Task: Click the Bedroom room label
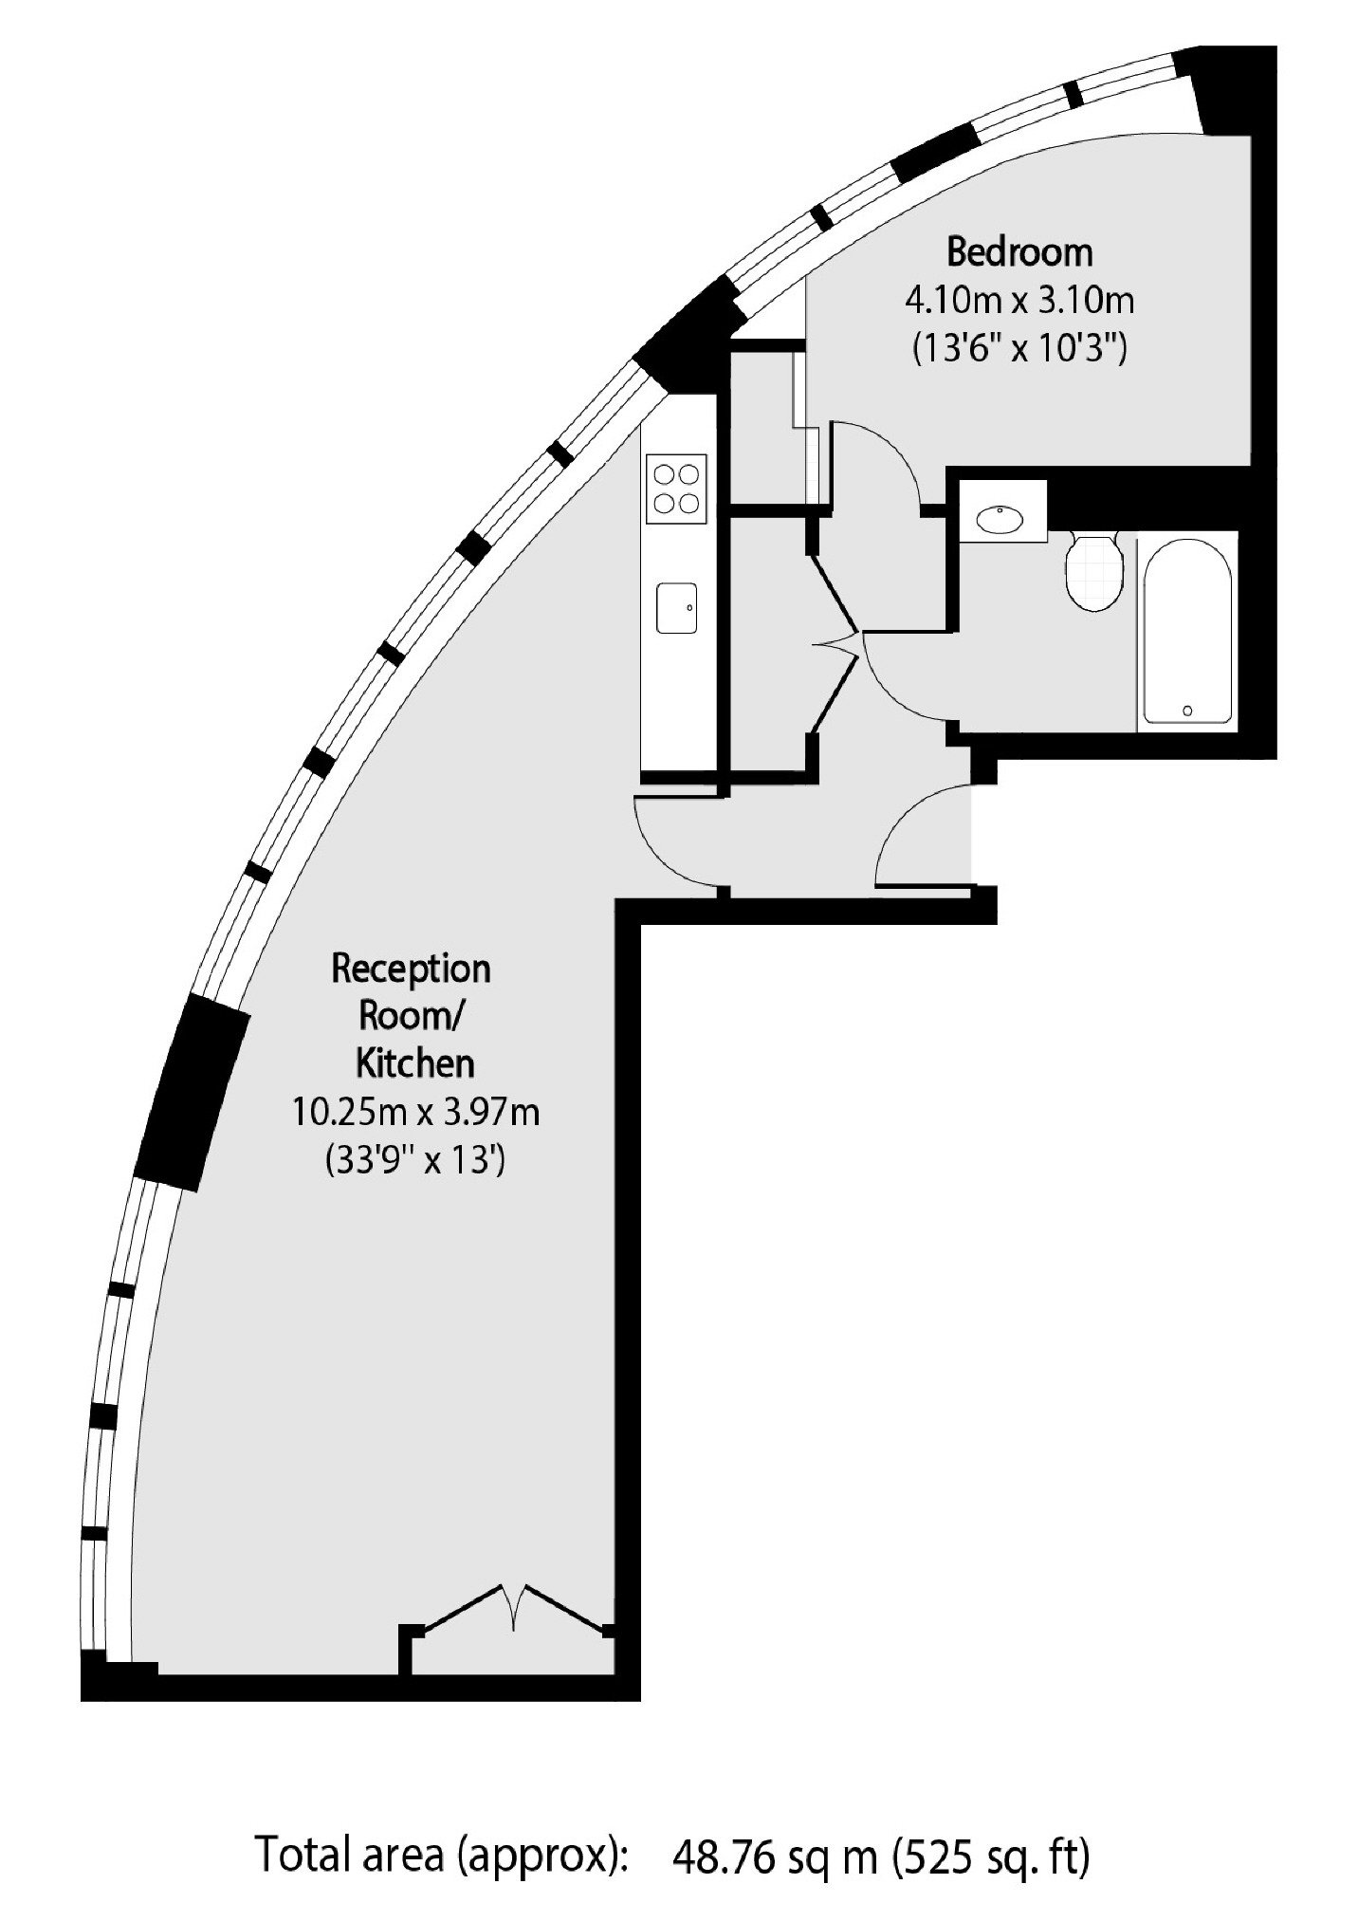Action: pos(1019,252)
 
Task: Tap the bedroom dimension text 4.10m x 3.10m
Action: pos(1019,302)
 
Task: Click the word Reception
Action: pos(411,970)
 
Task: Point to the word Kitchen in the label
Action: pos(414,1063)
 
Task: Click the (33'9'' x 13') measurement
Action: pos(413,1159)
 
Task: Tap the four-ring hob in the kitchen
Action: pos(676,488)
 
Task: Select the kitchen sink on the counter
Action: pos(677,608)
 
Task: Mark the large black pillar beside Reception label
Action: pos(196,1092)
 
